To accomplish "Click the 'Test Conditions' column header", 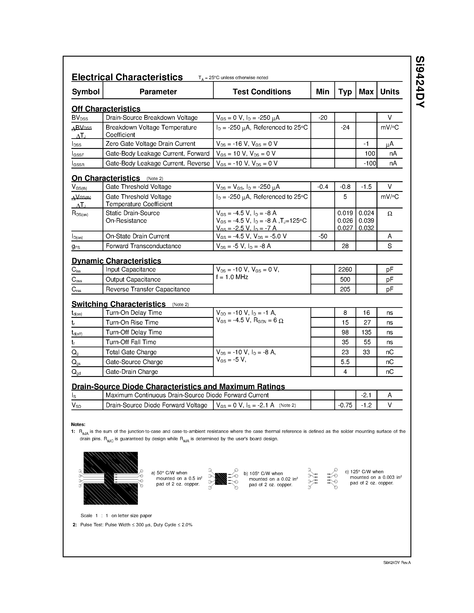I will pos(262,92).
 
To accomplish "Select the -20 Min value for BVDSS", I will pos(323,118).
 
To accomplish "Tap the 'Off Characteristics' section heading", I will pos(106,109).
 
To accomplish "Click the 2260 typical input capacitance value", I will pos(345,269).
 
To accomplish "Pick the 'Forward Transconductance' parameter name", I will pos(143,246).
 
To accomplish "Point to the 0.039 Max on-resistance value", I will pos(366,221).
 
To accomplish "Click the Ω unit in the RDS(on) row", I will pos(389,214).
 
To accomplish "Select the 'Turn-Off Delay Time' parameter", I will pos(134,332).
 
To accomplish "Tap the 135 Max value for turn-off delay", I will pos(366,332).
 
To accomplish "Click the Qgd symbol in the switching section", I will pos(76,372).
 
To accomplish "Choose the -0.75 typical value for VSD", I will pos(345,405).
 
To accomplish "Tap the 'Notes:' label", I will pos(78,424).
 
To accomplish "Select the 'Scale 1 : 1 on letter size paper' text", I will pos(116,516).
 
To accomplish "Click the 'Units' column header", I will pos(389,92).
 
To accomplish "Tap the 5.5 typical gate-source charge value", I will pos(345,362).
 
